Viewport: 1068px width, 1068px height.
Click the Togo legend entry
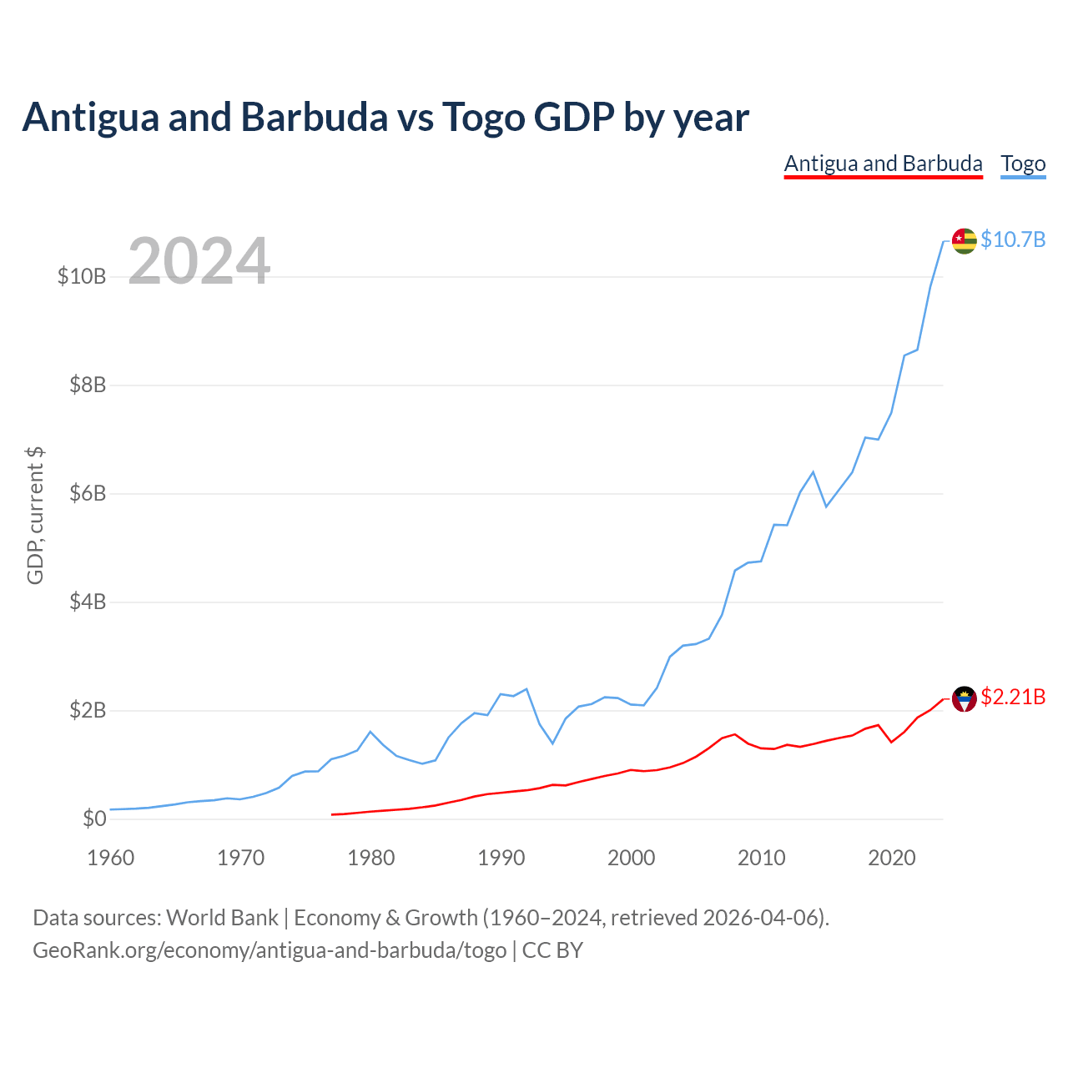coord(1023,164)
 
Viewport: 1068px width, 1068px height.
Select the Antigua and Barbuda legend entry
coord(883,164)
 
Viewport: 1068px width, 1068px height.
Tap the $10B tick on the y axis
coord(82,276)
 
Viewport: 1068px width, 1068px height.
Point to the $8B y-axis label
coord(88,385)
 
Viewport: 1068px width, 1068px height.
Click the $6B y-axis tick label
coord(88,493)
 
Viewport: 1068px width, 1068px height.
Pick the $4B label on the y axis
coord(88,602)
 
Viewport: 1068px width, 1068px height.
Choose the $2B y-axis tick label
coord(88,710)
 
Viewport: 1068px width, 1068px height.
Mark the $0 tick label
coord(94,819)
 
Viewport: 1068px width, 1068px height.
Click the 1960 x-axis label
coord(110,858)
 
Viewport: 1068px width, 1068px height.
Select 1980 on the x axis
coord(370,858)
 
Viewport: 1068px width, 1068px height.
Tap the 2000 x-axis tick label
coord(632,858)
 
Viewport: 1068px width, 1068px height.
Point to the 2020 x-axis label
coord(891,858)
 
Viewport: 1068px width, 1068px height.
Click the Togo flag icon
coord(964,241)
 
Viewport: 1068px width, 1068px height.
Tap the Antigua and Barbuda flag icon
coord(964,699)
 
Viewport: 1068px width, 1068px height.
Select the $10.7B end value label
coord(1013,240)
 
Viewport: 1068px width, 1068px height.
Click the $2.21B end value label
coord(1013,698)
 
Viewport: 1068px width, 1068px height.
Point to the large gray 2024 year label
coord(199,260)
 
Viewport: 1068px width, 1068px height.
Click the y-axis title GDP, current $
coord(35,516)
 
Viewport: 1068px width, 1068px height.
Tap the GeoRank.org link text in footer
coord(270,950)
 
